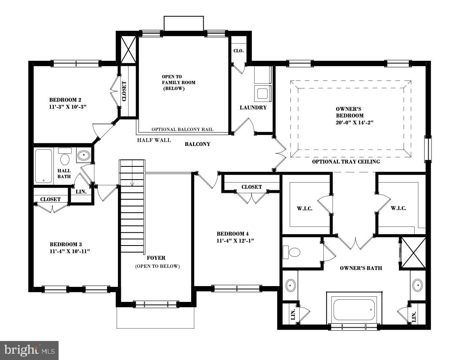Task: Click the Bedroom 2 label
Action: [x=65, y=100]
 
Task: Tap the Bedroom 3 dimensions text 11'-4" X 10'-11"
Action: [x=70, y=251]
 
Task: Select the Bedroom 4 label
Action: [x=233, y=234]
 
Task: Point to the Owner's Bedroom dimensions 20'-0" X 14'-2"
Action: [x=354, y=123]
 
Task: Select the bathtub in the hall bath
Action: [x=44, y=166]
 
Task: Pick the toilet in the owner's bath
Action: [x=292, y=252]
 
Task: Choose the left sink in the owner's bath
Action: [x=291, y=285]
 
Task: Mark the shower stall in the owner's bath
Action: [x=413, y=253]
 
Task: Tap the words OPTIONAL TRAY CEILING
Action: [x=346, y=162]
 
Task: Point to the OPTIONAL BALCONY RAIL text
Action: [x=182, y=130]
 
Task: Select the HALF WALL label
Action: [x=154, y=140]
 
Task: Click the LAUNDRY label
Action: [x=253, y=108]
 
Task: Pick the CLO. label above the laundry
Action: [x=238, y=51]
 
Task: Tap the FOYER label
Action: [x=156, y=258]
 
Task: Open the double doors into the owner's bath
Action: [x=355, y=243]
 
